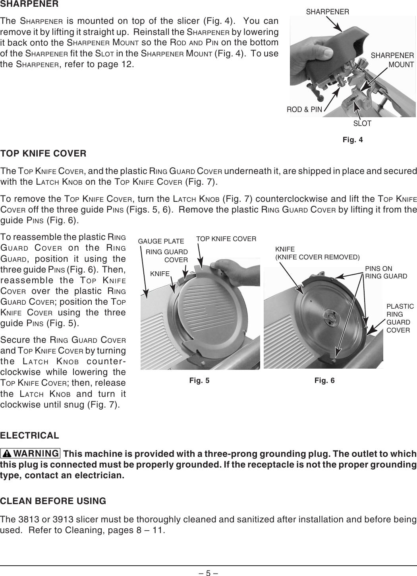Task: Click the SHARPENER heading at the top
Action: point(30,5)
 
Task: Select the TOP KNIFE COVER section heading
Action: point(43,154)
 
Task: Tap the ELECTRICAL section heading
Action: point(30,435)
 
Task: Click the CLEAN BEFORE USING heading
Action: point(53,501)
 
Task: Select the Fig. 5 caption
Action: point(199,381)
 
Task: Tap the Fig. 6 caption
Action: point(324,381)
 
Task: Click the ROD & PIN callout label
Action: point(304,110)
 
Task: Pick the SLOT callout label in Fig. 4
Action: point(362,124)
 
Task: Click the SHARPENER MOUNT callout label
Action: point(392,60)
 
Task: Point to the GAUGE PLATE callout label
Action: point(160,241)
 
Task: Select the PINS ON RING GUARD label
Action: point(386,272)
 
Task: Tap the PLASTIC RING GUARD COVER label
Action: point(400,318)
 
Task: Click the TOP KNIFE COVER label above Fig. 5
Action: point(226,239)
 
